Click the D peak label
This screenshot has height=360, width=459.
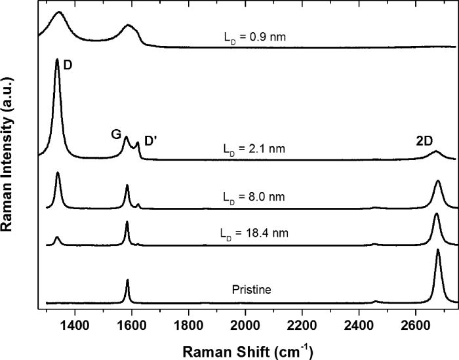tap(68, 66)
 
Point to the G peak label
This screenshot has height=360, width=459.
tap(115, 134)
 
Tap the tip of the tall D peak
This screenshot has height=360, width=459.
tap(58, 60)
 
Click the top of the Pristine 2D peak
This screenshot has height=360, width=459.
tap(438, 250)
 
